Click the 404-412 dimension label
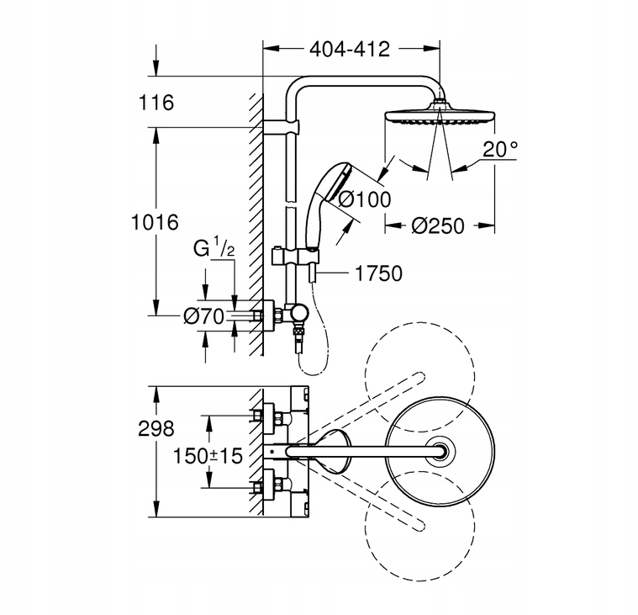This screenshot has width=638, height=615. point(350,50)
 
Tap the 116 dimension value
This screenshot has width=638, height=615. point(156,103)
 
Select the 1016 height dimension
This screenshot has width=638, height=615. point(155,222)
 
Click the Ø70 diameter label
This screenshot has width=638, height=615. point(204,316)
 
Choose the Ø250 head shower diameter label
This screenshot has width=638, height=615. point(437,225)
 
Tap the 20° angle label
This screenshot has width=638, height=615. point(500,149)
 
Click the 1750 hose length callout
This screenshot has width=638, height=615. point(379,273)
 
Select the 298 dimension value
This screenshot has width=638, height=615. point(156,428)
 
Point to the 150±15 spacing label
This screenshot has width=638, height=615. point(208,456)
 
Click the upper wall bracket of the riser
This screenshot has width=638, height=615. point(282,127)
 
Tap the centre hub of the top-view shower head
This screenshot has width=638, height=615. point(440,451)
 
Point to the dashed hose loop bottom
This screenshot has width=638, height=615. point(313,373)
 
